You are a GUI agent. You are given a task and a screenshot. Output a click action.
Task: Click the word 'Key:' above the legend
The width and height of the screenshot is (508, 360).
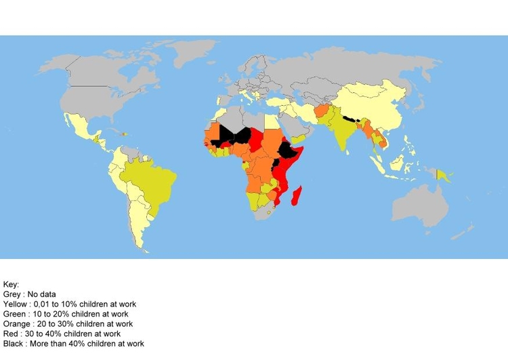tap(12, 285)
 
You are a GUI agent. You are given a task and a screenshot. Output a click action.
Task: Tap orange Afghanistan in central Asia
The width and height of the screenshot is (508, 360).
tap(322, 111)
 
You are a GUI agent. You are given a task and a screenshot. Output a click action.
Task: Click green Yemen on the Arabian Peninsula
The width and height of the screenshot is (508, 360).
tap(297, 138)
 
